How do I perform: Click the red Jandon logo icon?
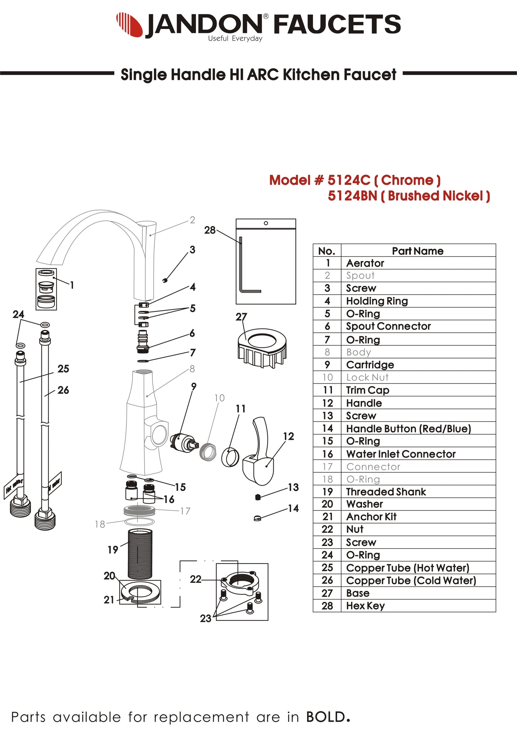(129, 24)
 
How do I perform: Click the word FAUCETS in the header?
(337, 24)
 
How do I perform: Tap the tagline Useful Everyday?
(235, 39)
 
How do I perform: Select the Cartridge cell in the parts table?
(370, 365)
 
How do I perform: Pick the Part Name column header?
(418, 251)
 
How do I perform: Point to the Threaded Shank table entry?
(386, 492)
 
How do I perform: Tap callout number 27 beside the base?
(241, 317)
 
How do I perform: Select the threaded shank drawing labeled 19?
(140, 554)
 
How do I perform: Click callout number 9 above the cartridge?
(194, 386)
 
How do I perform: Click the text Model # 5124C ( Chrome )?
(355, 180)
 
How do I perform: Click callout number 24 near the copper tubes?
(18, 314)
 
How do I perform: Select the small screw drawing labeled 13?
(258, 497)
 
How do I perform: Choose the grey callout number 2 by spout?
(192, 220)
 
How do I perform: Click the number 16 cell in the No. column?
(327, 454)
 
